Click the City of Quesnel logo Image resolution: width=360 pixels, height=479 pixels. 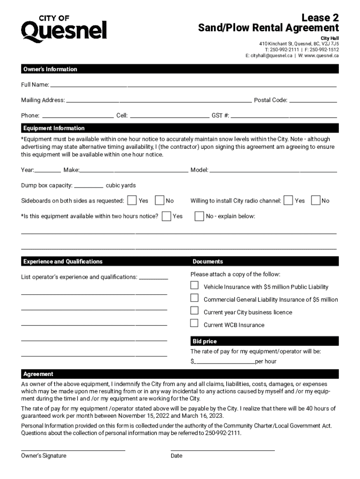(64, 29)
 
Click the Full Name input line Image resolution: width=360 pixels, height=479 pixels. (193, 87)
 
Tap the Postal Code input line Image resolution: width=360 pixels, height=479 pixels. (313, 102)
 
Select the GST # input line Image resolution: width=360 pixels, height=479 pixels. (284, 116)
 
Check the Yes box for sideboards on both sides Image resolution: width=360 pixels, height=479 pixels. (132, 200)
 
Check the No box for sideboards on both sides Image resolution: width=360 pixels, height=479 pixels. (159, 200)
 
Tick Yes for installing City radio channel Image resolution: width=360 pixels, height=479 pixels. (288, 200)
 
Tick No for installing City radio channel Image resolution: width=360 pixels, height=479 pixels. (316, 200)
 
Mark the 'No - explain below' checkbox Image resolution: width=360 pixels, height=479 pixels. (199, 216)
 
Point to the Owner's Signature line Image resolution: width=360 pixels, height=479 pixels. (73, 450)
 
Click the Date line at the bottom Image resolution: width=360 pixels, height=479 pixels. (223, 450)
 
